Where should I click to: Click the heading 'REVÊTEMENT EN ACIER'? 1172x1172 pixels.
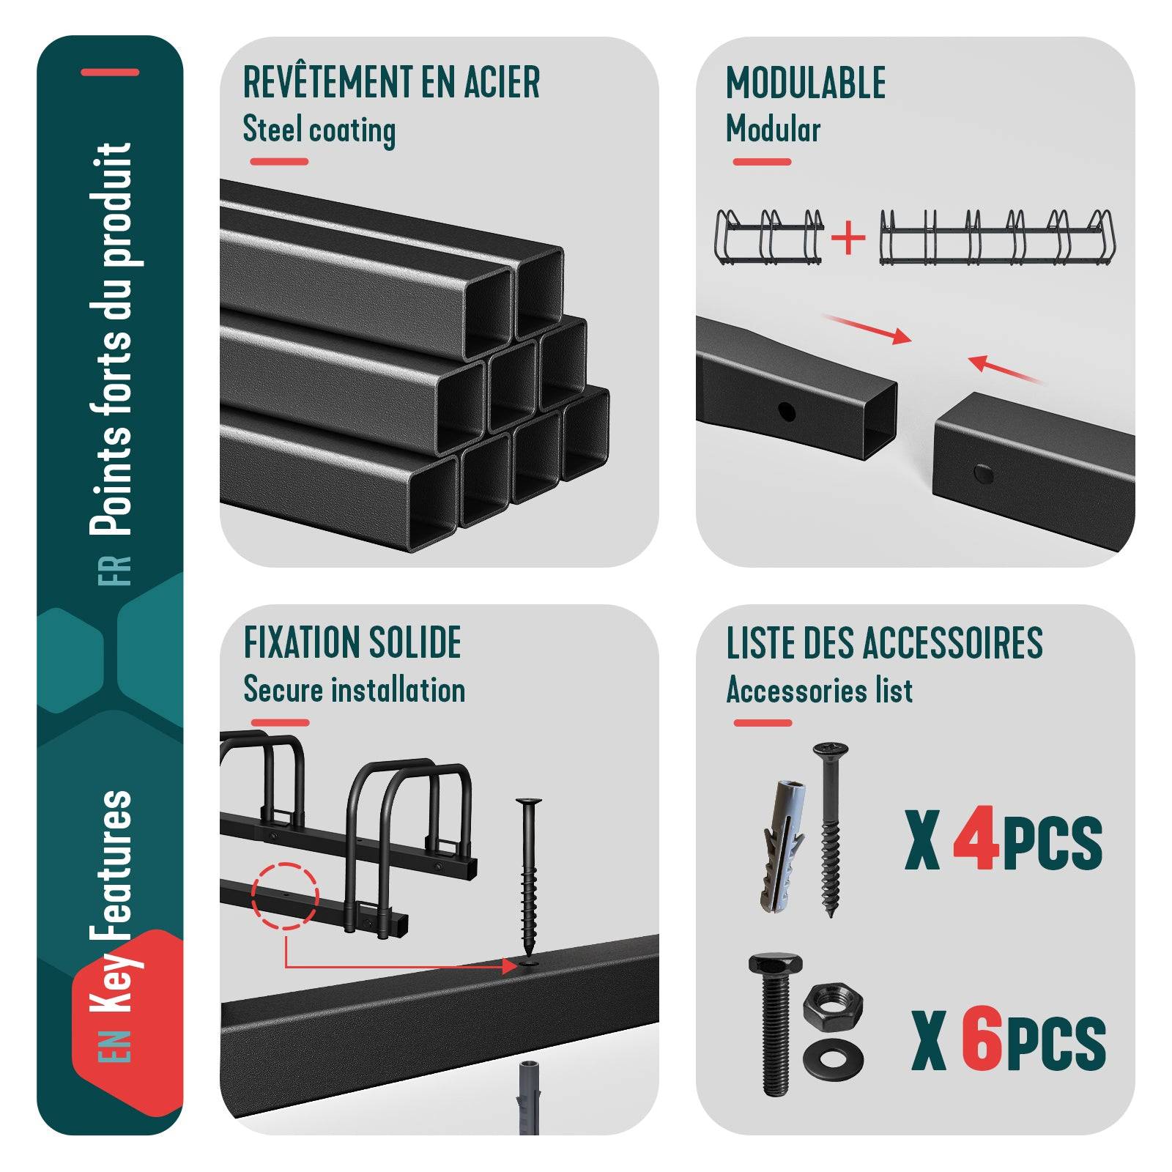pos(391,82)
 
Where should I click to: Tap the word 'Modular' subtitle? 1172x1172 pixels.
pos(773,130)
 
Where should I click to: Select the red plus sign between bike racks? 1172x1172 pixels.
pos(849,238)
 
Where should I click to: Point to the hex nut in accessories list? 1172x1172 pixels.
pos(833,1004)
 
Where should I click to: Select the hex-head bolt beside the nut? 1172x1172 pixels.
pos(775,1023)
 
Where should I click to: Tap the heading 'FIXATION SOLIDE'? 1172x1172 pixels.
pos(352,642)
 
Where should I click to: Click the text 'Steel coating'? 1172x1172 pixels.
pos(319,131)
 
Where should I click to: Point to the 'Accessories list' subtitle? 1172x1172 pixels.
pos(820,690)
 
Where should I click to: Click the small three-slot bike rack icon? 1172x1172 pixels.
pos(769,238)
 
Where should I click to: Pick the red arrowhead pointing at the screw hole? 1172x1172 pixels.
pos(511,966)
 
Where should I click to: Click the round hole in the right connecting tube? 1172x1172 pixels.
pos(983,473)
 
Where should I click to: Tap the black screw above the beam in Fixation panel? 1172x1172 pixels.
pos(528,879)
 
